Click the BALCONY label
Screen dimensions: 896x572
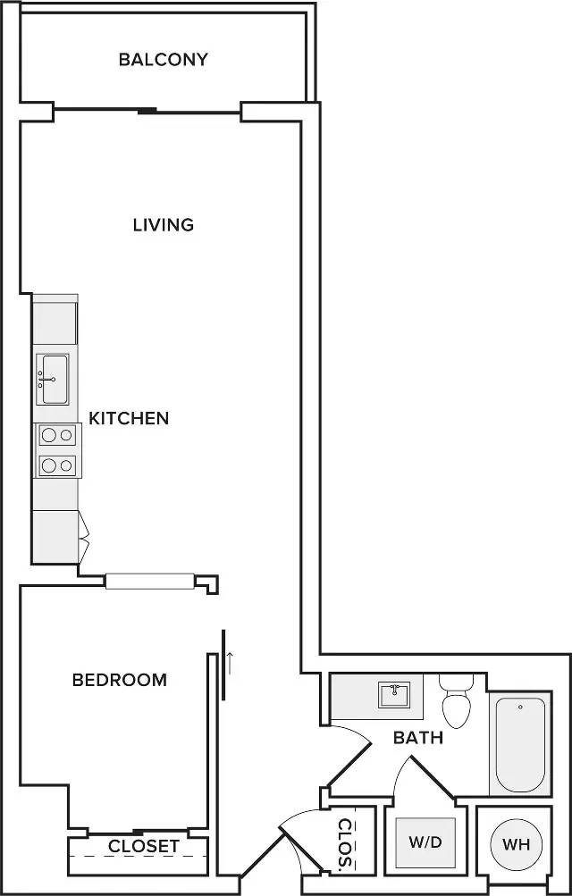tap(163, 60)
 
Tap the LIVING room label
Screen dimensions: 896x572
tap(163, 224)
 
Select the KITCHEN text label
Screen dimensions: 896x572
tap(129, 417)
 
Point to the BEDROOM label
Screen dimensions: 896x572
tap(119, 680)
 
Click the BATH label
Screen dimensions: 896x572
tap(418, 738)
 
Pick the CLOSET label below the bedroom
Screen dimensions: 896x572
tap(144, 845)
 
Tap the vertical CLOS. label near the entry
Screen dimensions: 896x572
tap(344, 845)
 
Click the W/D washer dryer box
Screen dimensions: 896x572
tap(425, 842)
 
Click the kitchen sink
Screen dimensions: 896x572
tap(53, 379)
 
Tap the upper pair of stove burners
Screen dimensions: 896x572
tap(57, 435)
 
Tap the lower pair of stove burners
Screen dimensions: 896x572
tap(57, 465)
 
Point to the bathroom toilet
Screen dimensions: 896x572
tap(457, 702)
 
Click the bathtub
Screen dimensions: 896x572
tap(520, 744)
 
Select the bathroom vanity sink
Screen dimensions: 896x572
tap(393, 694)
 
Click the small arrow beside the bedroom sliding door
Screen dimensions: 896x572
tap(231, 662)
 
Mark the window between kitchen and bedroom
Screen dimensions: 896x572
tap(150, 581)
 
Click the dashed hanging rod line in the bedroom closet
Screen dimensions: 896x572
tap(139, 857)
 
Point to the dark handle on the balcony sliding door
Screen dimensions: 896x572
tap(147, 111)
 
